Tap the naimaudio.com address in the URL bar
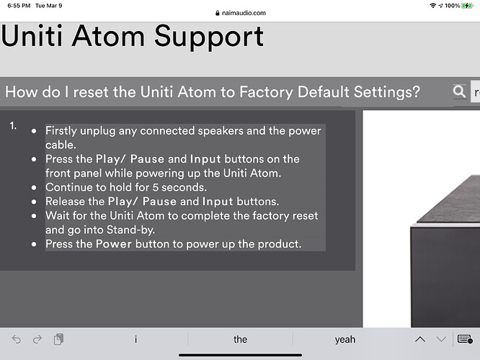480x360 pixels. click(244, 13)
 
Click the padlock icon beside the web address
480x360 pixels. click(218, 13)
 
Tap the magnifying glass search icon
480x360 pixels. click(459, 91)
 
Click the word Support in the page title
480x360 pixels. click(209, 37)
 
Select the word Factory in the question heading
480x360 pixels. click(266, 91)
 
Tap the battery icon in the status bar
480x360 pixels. click(468, 6)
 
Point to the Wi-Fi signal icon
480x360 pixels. click(433, 6)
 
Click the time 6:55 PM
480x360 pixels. click(19, 6)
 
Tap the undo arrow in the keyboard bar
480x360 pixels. click(17, 339)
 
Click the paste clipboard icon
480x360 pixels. click(58, 339)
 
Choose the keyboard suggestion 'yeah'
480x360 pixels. click(345, 340)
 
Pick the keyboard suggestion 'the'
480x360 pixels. click(240, 339)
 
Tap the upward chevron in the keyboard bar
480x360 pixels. click(420, 339)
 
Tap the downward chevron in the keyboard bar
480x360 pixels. click(441, 339)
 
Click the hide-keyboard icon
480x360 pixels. click(465, 339)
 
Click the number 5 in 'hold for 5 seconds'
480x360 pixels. click(156, 187)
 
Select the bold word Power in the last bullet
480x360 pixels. click(114, 244)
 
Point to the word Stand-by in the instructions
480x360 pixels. click(130, 230)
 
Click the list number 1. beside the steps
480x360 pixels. click(13, 126)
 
